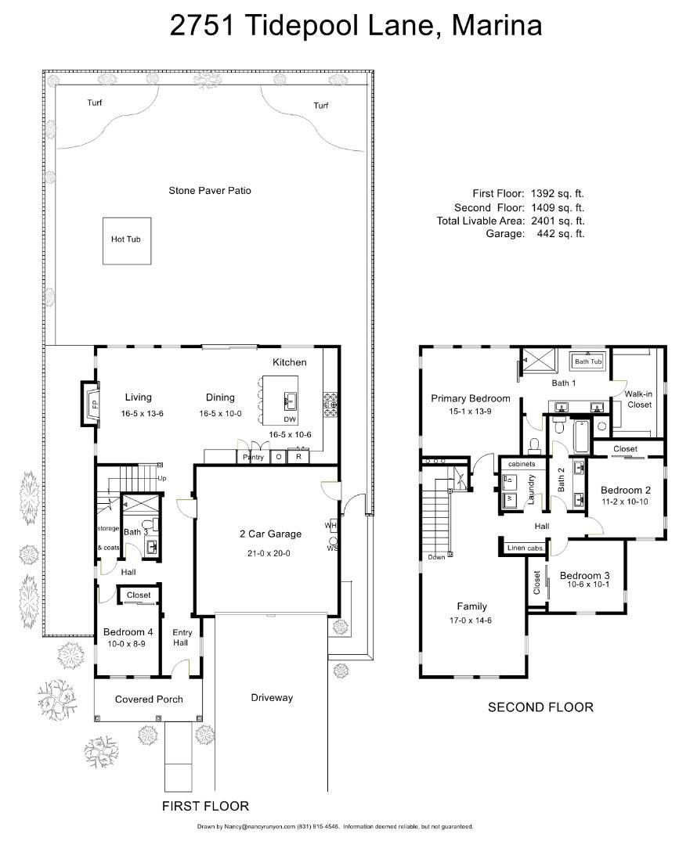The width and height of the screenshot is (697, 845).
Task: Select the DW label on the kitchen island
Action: pyautogui.click(x=290, y=419)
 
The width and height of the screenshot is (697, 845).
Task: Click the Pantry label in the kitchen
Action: pyautogui.click(x=253, y=457)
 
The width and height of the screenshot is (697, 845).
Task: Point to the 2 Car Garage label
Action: pyautogui.click(x=270, y=534)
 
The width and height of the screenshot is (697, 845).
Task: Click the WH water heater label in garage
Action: pyautogui.click(x=330, y=525)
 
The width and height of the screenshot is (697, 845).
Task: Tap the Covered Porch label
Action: pyautogui.click(x=149, y=699)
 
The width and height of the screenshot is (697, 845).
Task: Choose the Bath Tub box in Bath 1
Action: pyautogui.click(x=588, y=361)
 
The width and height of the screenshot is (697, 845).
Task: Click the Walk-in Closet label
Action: pyautogui.click(x=638, y=399)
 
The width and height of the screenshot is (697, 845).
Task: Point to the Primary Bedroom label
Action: pyautogui.click(x=471, y=398)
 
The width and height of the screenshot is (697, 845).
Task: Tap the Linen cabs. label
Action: pyautogui.click(x=525, y=548)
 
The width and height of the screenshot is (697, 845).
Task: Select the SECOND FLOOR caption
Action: pyautogui.click(x=540, y=707)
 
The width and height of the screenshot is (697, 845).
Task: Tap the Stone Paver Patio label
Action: pyautogui.click(x=210, y=190)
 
